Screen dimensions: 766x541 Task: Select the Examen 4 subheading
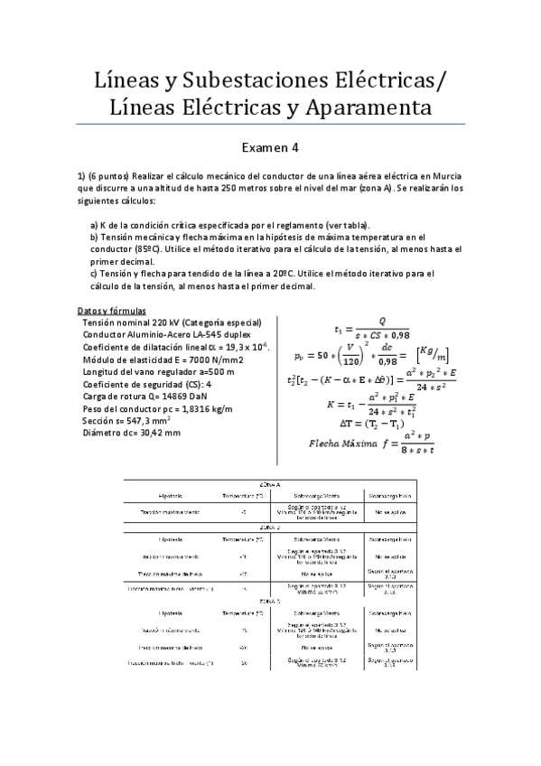coord(270,145)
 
